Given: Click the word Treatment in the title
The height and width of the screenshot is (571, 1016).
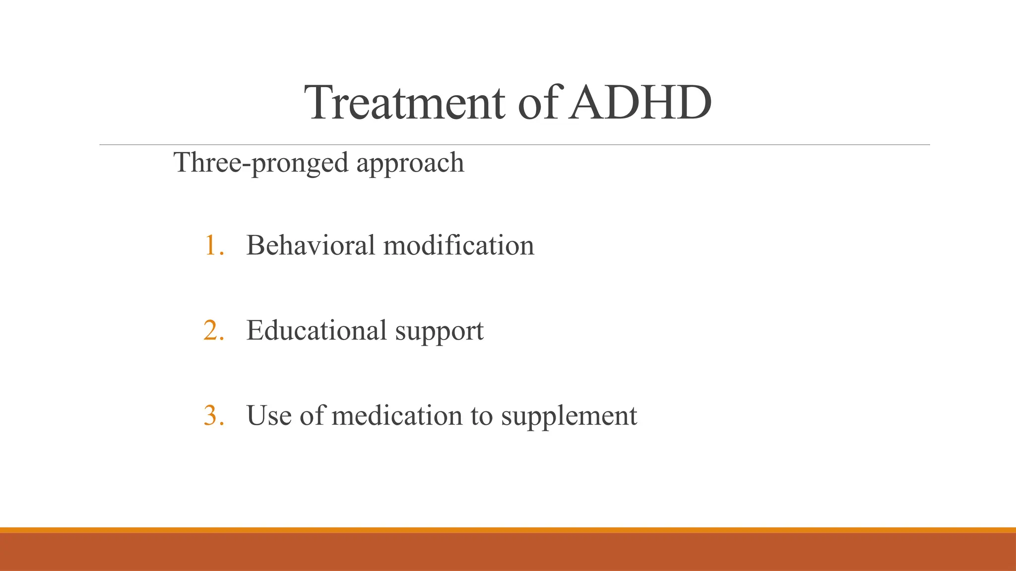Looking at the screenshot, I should [406, 103].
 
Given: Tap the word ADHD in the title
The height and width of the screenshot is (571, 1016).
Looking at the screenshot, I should [640, 103].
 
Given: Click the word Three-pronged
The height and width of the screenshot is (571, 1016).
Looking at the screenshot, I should [261, 163].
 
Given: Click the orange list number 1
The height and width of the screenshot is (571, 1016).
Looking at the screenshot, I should [213, 246].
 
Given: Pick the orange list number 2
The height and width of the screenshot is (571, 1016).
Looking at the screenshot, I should [213, 331].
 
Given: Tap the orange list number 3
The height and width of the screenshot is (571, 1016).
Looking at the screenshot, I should [213, 415].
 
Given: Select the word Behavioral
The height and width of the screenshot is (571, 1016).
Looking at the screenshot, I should [311, 245].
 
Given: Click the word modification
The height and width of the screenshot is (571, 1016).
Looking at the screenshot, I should [459, 245].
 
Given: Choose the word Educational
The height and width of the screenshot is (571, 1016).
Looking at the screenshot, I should [317, 331].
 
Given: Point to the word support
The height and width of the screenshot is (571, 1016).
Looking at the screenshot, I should [439, 332].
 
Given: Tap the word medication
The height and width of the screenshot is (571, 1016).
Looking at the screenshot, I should [397, 415].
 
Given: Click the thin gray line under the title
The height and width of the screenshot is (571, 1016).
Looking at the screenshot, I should [514, 145].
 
